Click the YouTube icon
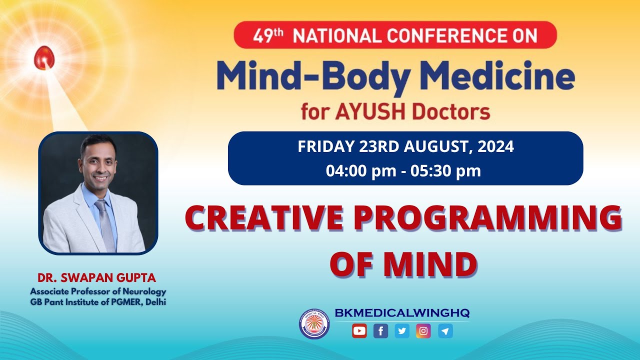[359, 330]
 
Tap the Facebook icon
[380, 330]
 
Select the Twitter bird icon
[402, 330]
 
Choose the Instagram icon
[423, 330]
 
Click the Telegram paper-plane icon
[445, 330]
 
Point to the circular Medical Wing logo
[314, 323]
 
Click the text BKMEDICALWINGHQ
[402, 313]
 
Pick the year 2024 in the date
[495, 147]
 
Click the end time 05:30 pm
[445, 171]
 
